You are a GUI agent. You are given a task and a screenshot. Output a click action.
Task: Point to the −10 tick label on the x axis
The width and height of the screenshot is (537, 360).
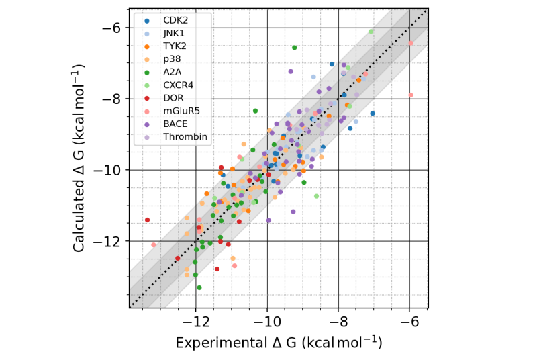(x=266, y=321)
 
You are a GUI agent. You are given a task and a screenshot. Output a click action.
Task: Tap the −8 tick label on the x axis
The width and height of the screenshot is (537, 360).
(x=338, y=321)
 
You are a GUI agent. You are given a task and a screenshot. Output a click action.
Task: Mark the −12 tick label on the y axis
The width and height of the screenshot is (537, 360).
(x=107, y=241)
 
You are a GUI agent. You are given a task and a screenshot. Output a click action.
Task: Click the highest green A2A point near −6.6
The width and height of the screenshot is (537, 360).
(x=294, y=47)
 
